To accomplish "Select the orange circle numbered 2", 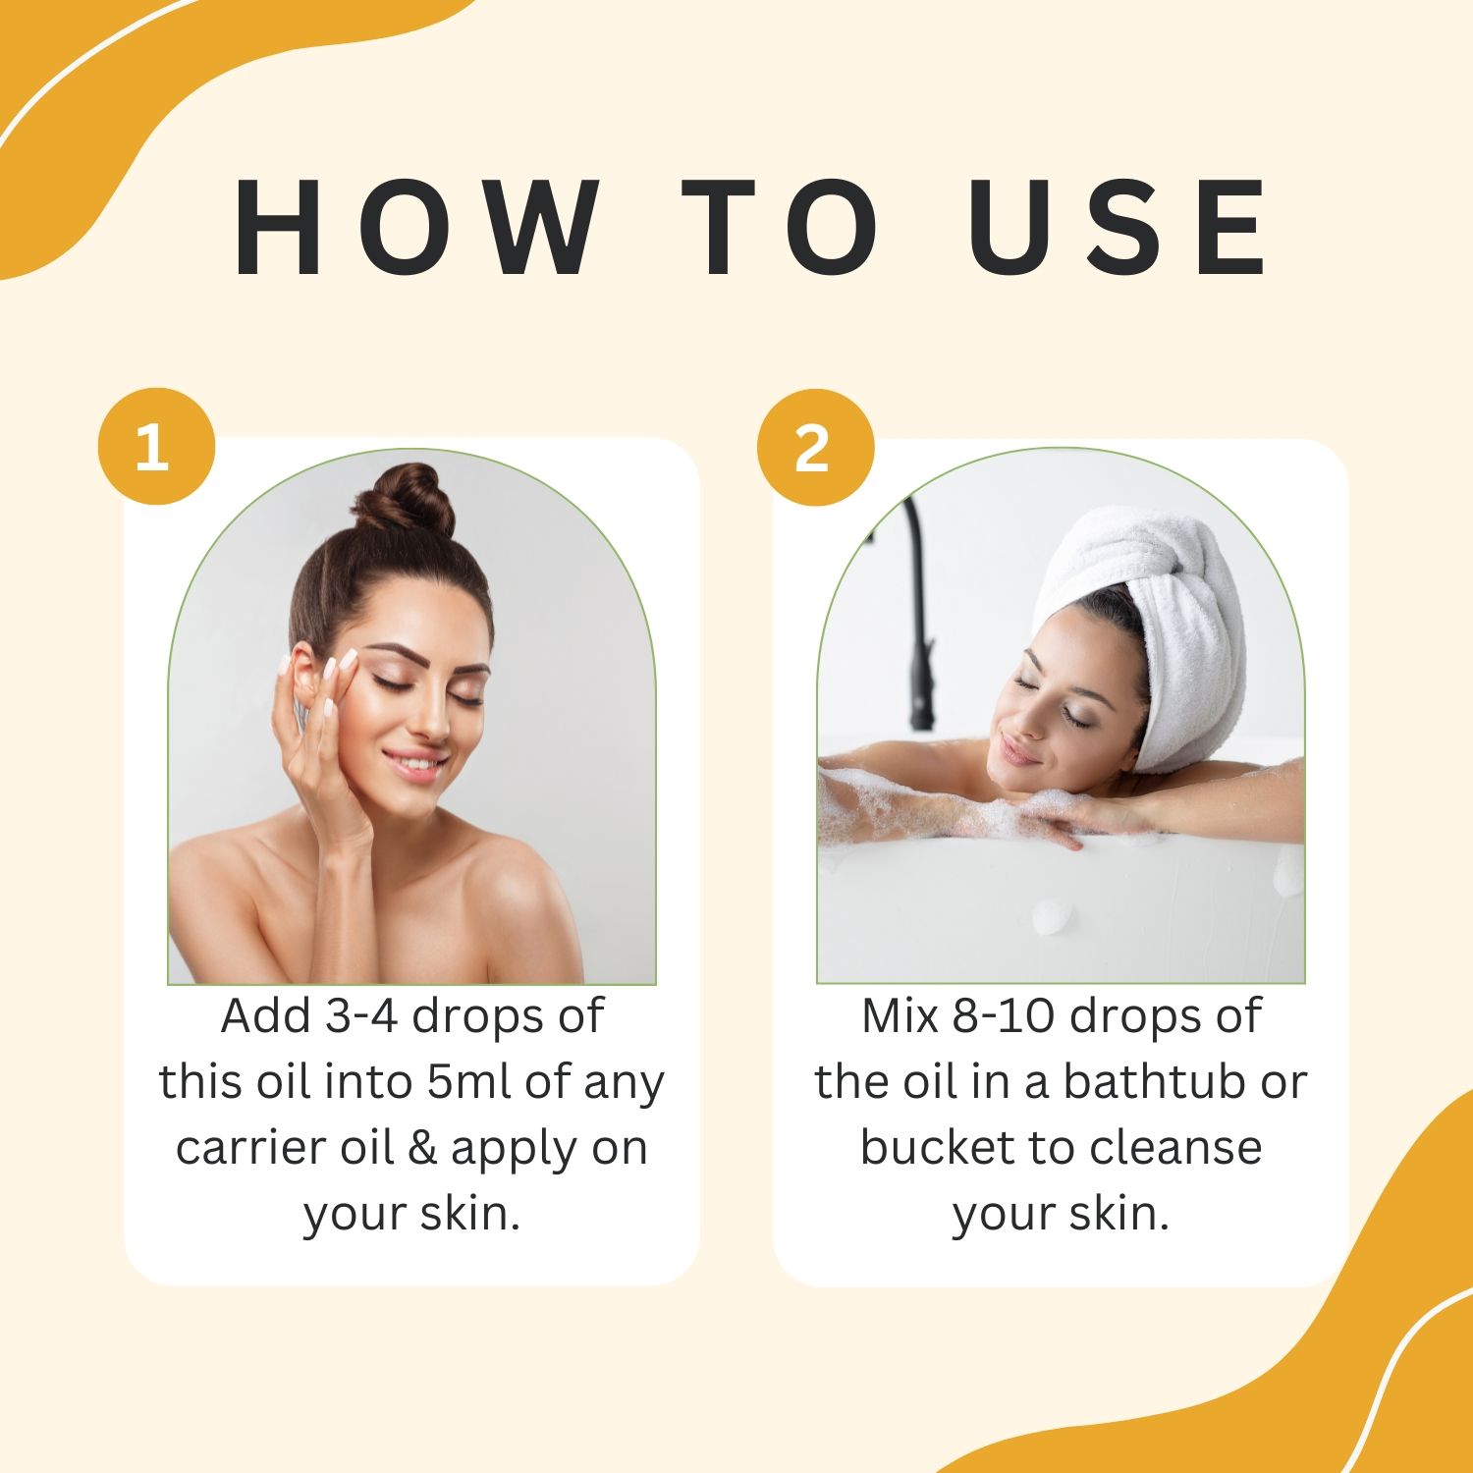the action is (815, 448).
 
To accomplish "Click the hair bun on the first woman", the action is (405, 501).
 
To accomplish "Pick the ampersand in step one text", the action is (421, 1148).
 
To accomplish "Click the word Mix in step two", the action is (900, 1016).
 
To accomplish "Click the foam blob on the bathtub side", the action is (1053, 915).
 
